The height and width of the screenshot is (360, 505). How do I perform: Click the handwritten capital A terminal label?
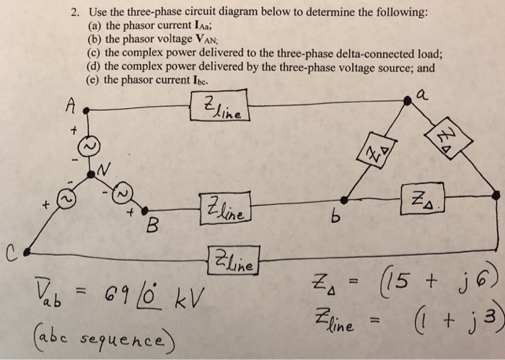pos(70,105)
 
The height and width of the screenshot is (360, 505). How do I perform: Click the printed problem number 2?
pos(74,12)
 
